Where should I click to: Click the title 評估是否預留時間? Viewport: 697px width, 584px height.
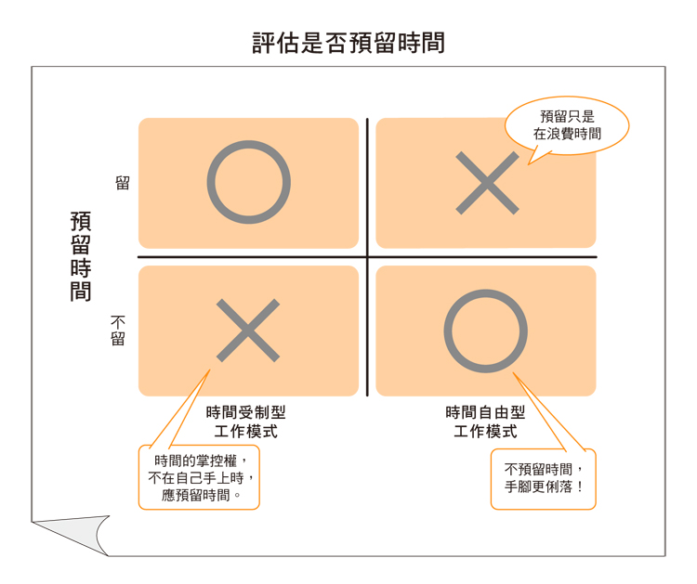pos(348,43)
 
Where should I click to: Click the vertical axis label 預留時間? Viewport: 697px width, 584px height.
pos(81,256)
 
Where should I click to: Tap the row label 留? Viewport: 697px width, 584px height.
pos(122,183)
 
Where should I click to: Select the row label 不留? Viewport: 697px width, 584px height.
pos(118,330)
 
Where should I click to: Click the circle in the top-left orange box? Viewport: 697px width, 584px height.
pos(248,183)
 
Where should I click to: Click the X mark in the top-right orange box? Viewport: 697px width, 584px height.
pos(487,183)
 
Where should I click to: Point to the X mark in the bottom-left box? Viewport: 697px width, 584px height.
pos(248,331)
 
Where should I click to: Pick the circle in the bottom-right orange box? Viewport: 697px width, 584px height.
pos(485,331)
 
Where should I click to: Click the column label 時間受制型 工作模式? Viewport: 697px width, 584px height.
pos(245,422)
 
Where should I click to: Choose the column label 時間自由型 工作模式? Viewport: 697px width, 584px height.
pos(485,422)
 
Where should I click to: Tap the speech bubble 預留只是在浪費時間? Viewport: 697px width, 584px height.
pos(566,125)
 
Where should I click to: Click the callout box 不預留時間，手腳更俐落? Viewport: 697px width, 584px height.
pos(543,478)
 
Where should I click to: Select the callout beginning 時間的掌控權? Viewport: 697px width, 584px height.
pos(199,477)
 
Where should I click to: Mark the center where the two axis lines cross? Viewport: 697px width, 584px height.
pos(367,257)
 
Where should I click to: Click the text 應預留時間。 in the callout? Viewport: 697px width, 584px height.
pos(199,495)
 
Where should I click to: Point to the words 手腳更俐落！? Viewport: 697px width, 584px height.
pos(544,487)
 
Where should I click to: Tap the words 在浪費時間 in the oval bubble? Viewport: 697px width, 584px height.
pos(566,134)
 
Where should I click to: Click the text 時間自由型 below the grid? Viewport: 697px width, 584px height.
pos(485,413)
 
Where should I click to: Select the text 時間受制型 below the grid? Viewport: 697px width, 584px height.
pos(245,413)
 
